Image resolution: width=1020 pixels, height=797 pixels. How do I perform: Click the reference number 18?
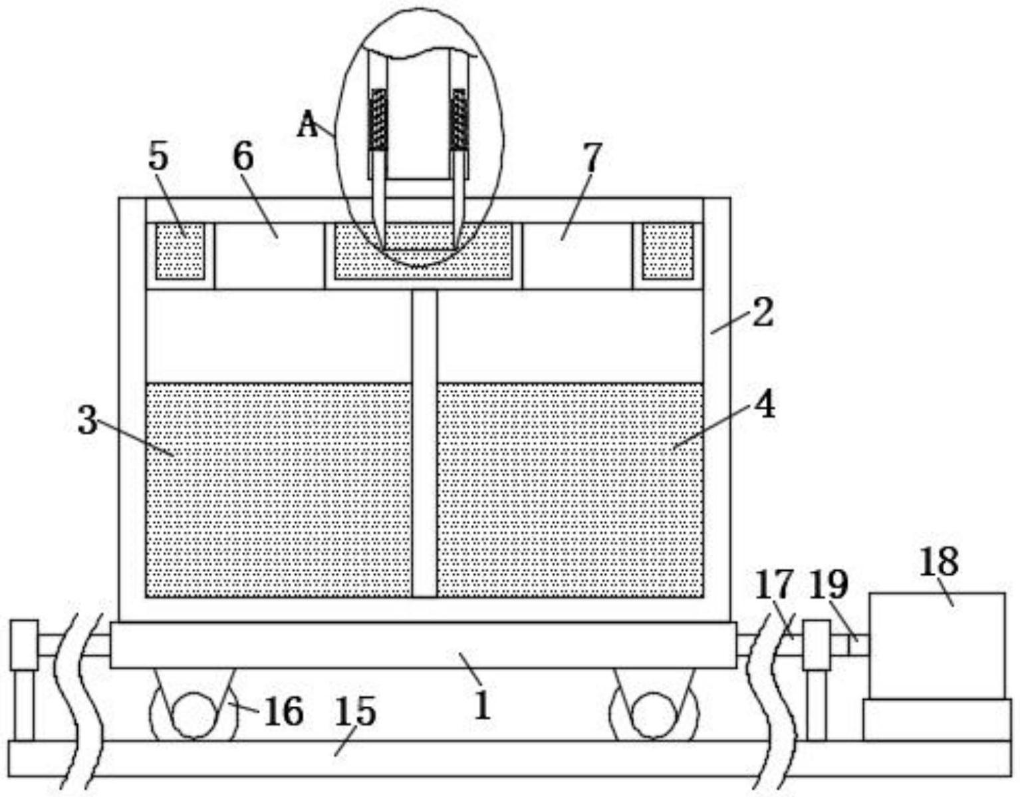point(938,563)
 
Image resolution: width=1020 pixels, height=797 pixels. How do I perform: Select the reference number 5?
point(158,156)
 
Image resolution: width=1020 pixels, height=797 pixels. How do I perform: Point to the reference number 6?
point(243,156)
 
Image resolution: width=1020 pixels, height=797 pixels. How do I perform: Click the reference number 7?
point(592,158)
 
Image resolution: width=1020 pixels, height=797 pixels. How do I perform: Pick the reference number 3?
point(87,420)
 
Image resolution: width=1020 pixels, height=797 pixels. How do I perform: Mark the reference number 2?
point(763,313)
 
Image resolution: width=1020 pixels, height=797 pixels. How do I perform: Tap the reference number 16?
point(284,712)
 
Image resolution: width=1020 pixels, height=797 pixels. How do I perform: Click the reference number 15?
point(355,711)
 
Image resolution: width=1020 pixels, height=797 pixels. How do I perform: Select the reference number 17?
point(774,585)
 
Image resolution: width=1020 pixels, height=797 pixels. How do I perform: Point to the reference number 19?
point(829,585)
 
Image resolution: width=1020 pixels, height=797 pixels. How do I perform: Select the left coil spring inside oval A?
point(378,120)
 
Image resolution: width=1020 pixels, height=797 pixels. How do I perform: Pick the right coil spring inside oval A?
point(459,120)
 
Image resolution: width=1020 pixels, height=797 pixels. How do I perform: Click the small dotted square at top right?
point(668,251)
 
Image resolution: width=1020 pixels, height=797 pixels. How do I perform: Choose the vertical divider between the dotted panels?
point(424,444)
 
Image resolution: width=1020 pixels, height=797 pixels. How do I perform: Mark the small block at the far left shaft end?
point(24,645)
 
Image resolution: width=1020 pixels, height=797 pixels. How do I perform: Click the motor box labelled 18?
point(937,645)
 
